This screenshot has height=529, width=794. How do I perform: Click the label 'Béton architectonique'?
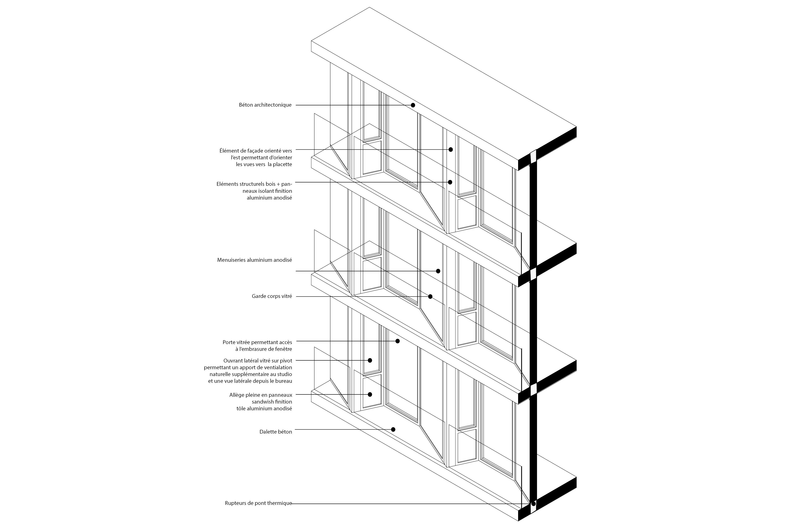[x=265, y=105]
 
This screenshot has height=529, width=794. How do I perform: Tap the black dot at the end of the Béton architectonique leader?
[x=413, y=105]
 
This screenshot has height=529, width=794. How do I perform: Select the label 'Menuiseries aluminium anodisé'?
[x=255, y=260]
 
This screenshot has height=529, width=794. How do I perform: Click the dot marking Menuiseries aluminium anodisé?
[x=438, y=271]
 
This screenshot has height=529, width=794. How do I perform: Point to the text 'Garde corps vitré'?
[x=272, y=296]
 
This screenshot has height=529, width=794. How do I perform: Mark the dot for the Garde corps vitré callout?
[x=430, y=296]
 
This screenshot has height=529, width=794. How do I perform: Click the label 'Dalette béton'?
[x=276, y=431]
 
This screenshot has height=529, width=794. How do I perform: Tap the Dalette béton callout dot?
[x=393, y=430]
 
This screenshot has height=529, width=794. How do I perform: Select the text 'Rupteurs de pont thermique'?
[x=258, y=512]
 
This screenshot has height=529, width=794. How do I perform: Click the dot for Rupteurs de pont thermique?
[x=533, y=513]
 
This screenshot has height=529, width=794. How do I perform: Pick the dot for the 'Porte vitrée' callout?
[x=398, y=341]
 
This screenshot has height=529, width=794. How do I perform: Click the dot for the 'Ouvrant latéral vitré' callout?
[x=370, y=360]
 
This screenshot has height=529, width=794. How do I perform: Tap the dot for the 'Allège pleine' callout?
[x=370, y=394]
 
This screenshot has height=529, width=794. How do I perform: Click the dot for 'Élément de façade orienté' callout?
[x=451, y=149]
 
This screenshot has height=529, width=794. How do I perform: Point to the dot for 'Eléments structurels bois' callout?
[x=450, y=182]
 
